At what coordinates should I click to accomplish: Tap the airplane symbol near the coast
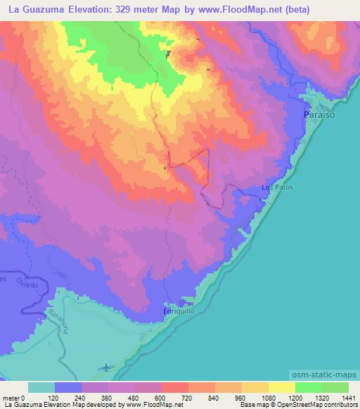[x=105, y=368]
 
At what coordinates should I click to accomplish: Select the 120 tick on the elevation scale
[x=55, y=398]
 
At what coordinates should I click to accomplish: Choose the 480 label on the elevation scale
[x=134, y=398]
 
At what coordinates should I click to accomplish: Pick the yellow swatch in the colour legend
[x=281, y=387]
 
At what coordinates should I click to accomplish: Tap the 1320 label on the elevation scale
[x=321, y=398]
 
